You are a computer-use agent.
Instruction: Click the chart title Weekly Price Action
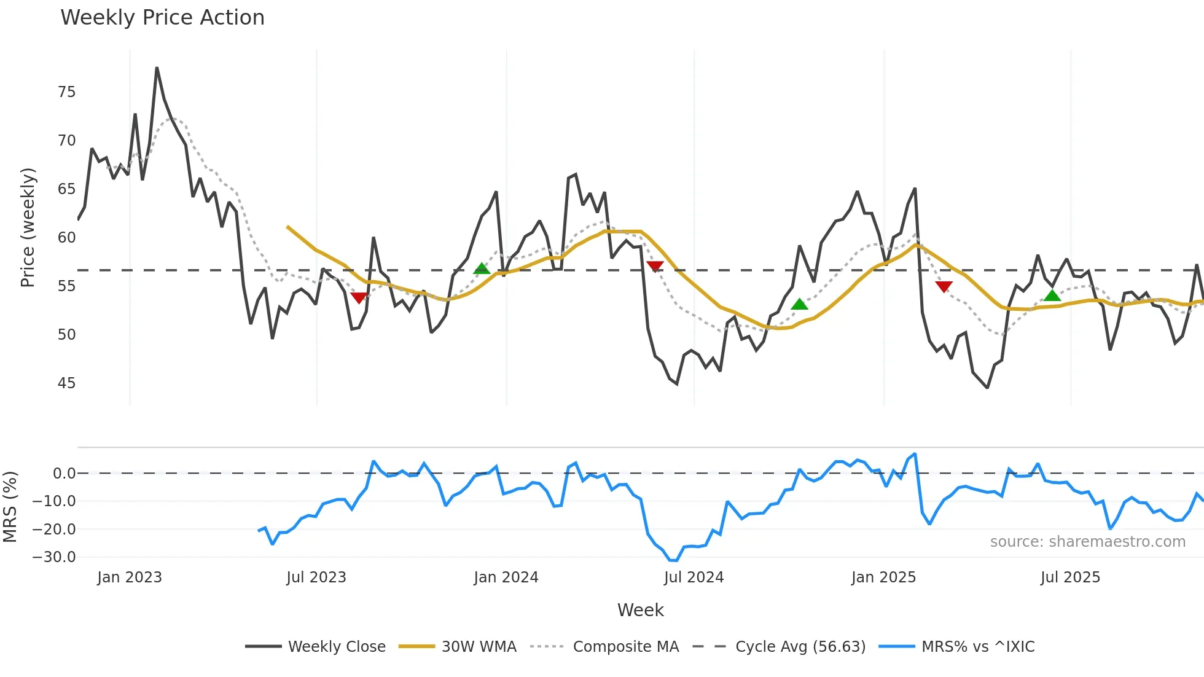(x=162, y=18)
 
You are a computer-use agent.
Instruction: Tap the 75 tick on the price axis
(x=66, y=92)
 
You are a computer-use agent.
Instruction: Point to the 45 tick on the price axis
(x=66, y=383)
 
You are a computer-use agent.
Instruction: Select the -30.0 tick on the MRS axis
(x=54, y=557)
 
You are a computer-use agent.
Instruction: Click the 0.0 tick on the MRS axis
(x=64, y=474)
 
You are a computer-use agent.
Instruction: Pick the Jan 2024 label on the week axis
(x=506, y=577)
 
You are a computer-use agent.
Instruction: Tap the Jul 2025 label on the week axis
(x=1070, y=577)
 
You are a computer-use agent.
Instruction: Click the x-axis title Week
(x=640, y=610)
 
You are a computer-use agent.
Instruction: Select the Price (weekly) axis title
(x=28, y=227)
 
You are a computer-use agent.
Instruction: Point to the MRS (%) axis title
(x=10, y=507)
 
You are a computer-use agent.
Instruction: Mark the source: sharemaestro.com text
(x=1087, y=542)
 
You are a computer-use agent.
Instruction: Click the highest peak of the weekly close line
(x=157, y=68)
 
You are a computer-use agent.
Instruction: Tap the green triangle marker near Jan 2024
(x=482, y=268)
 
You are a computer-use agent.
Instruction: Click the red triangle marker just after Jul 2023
(x=359, y=298)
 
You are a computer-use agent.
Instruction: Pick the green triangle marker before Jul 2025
(x=1052, y=295)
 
